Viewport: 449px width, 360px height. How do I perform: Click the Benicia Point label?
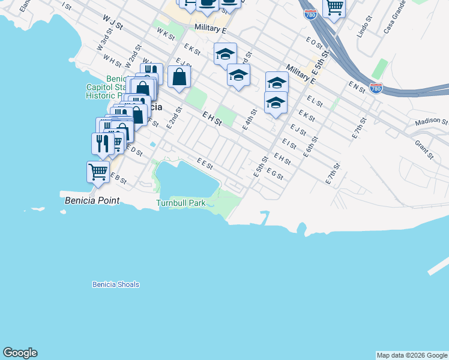(x=92, y=200)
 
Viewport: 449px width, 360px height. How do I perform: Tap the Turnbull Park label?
(x=181, y=203)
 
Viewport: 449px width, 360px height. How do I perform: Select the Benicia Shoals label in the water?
(x=116, y=284)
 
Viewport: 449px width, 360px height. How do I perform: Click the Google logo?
(x=20, y=353)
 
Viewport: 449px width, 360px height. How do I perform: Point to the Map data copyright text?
(x=411, y=355)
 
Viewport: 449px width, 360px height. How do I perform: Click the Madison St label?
(x=430, y=122)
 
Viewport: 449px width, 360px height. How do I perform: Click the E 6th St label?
(x=311, y=146)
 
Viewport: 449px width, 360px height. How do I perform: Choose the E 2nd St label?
(x=173, y=118)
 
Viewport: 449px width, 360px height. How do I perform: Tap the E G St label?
(x=274, y=174)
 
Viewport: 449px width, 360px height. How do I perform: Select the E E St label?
(x=205, y=162)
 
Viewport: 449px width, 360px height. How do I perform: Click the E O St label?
(x=314, y=43)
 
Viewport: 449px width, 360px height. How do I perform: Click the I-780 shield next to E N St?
(x=376, y=88)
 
